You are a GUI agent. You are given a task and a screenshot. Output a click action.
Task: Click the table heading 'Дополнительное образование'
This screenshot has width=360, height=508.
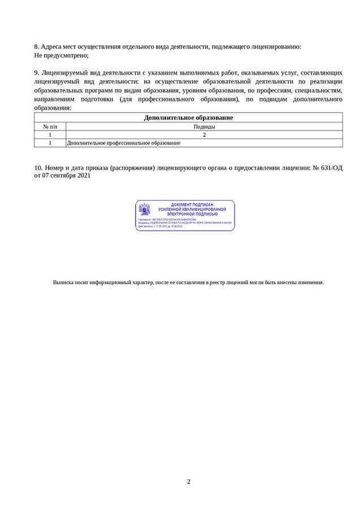click(188, 118)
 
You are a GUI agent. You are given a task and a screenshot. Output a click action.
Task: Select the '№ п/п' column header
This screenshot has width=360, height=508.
click(50, 127)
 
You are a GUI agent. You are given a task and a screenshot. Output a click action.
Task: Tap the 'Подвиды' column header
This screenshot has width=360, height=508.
click(204, 127)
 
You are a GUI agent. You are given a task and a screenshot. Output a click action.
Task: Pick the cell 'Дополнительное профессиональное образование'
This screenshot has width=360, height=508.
click(124, 143)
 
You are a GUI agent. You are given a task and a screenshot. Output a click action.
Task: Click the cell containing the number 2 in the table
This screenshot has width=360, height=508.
click(204, 134)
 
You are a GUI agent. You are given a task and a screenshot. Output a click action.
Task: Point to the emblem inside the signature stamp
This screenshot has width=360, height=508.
click(145, 210)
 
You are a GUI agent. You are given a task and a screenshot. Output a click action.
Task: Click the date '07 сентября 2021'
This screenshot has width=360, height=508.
click(67, 176)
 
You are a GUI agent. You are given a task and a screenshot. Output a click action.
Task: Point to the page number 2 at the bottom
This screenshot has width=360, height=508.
click(189, 481)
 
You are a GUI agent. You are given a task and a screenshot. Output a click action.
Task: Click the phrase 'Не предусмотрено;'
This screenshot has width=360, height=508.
click(62, 55)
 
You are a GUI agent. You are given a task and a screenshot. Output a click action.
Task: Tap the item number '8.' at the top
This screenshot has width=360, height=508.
click(37, 47)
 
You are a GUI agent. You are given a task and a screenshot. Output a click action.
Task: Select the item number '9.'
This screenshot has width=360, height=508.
click(37, 73)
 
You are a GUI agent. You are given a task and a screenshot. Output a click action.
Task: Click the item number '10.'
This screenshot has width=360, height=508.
click(38, 168)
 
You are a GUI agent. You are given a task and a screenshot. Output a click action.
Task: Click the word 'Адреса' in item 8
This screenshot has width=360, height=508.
click(52, 47)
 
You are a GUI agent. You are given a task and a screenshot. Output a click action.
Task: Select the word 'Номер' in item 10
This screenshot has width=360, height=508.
click(57, 168)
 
